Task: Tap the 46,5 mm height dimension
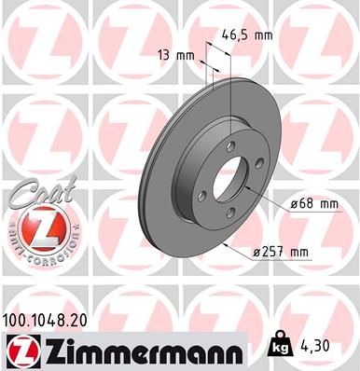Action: click(251, 34)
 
